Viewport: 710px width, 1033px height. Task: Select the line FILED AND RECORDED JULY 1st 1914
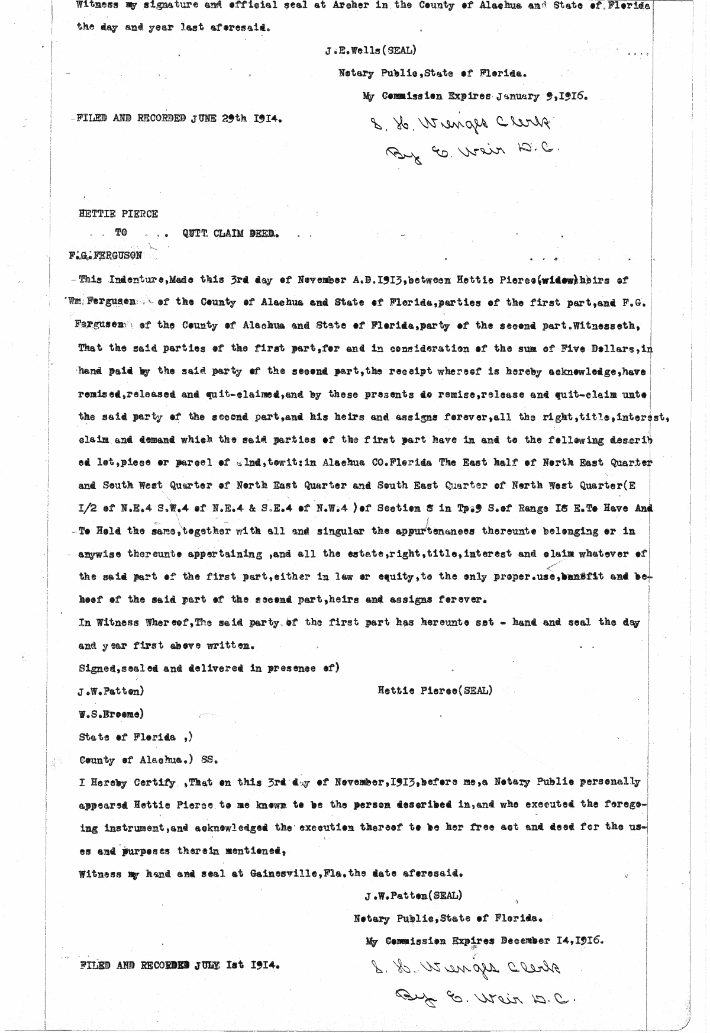[x=180, y=964]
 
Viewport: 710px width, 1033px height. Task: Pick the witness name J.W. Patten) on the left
[x=111, y=691]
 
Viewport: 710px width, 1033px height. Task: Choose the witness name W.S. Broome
[x=111, y=714]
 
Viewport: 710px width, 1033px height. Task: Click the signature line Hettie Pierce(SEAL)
[x=435, y=690]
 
